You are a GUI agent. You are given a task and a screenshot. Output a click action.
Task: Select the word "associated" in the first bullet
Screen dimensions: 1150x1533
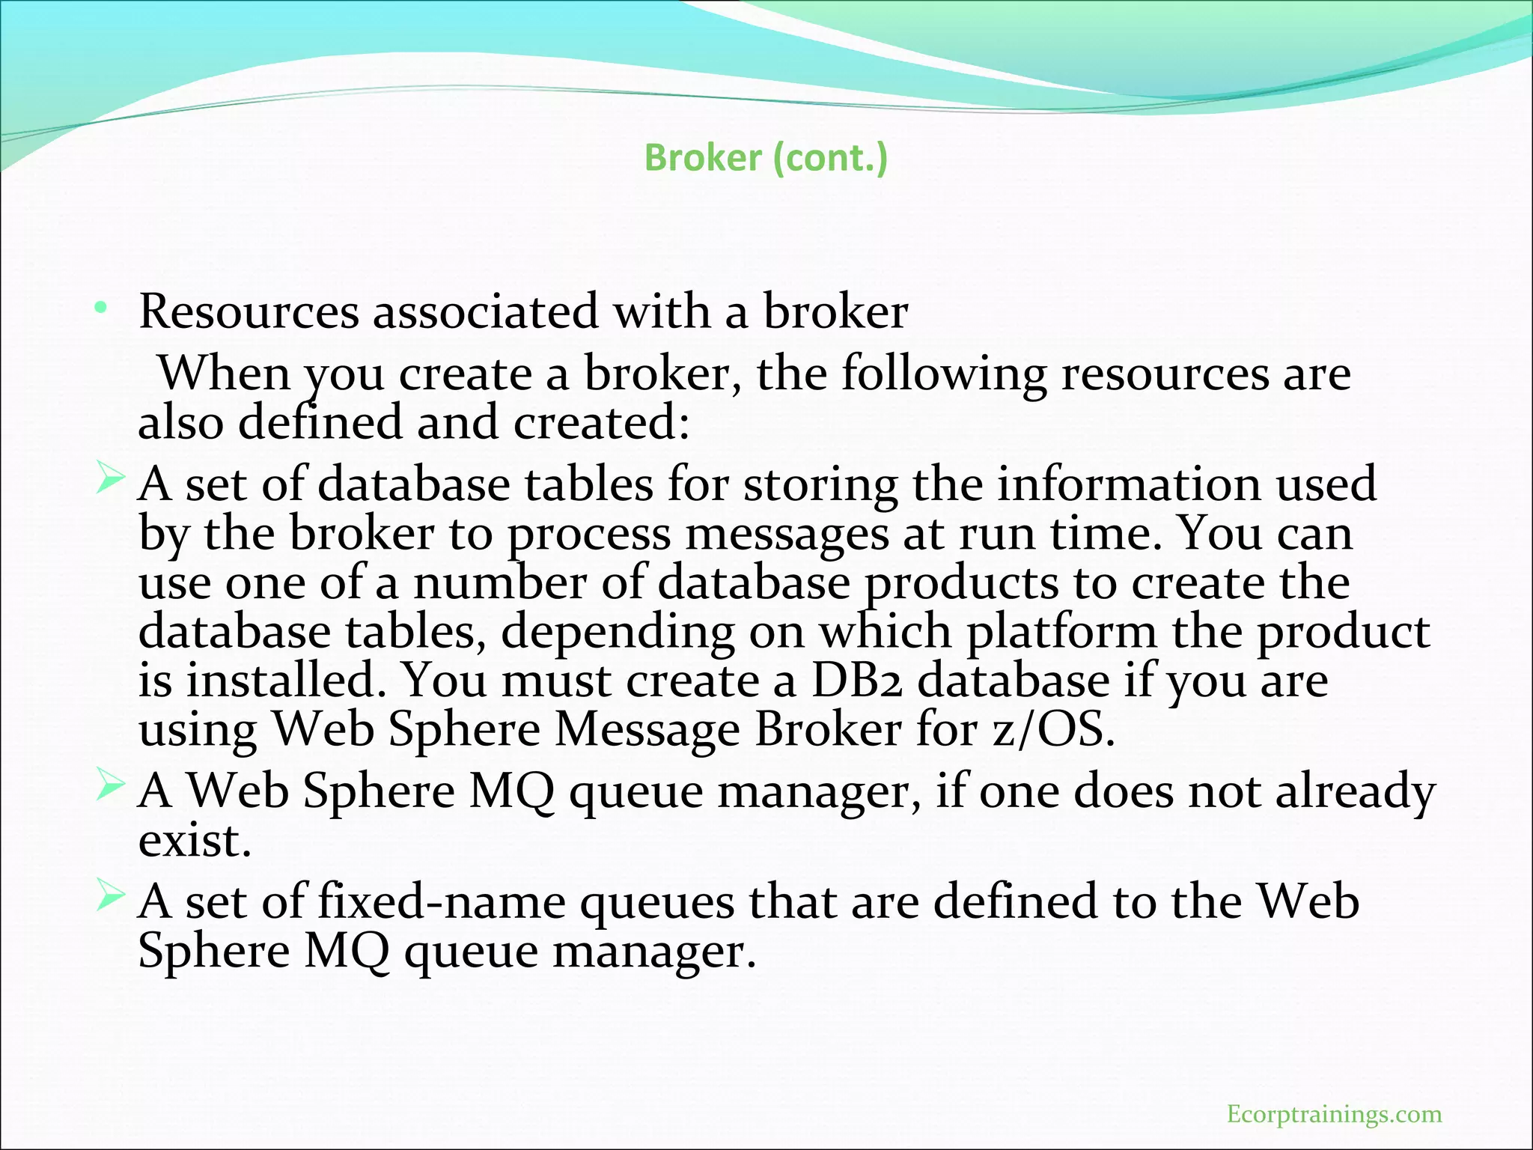pyautogui.click(x=486, y=311)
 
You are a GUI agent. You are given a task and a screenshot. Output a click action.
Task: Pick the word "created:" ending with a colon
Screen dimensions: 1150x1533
pyautogui.click(x=601, y=422)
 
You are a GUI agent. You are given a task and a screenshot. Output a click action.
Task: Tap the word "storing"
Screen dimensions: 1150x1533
pyautogui.click(x=820, y=484)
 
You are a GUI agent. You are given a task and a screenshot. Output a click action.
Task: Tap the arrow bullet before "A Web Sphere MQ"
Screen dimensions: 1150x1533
pyautogui.click(x=109, y=787)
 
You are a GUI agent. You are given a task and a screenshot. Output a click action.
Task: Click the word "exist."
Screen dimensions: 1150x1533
pyautogui.click(x=195, y=840)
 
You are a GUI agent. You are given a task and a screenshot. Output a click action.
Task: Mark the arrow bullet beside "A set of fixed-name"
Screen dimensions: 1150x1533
pyautogui.click(x=109, y=897)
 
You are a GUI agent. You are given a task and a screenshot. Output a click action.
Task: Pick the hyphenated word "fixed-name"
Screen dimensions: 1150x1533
pyautogui.click(x=442, y=901)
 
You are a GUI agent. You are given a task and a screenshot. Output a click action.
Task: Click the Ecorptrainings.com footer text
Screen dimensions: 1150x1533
pyautogui.click(x=1334, y=1114)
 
